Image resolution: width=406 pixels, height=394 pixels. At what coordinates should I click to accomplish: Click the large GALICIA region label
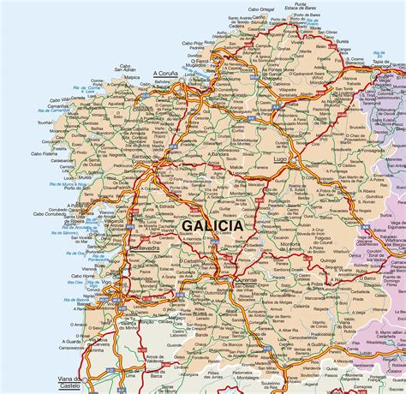[212, 225]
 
